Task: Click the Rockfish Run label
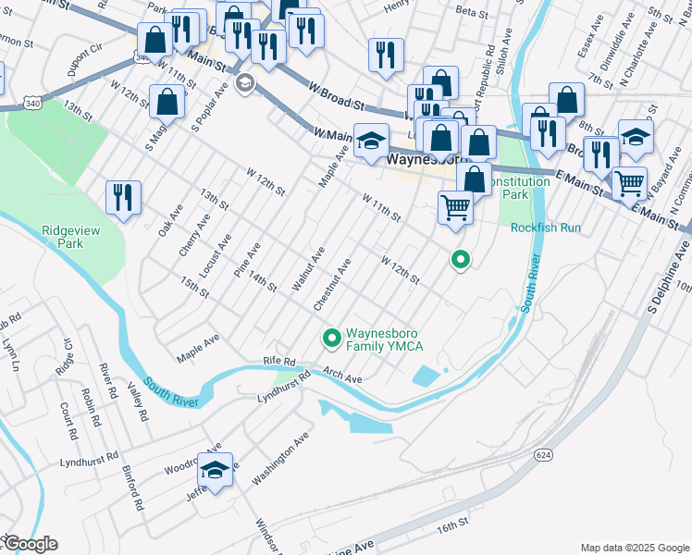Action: click(545, 228)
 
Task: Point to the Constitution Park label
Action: click(519, 189)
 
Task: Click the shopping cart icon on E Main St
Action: click(629, 184)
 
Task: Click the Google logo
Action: click(30, 544)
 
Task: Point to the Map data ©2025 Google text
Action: click(634, 548)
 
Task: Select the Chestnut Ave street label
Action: click(332, 284)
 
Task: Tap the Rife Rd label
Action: click(278, 362)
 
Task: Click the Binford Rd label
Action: click(133, 488)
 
